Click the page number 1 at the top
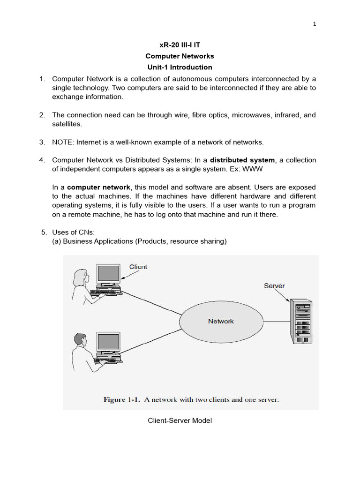315,25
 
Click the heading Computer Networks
180,56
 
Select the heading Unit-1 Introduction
180,67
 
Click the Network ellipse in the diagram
220,322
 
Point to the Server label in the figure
274,285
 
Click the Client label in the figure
138,267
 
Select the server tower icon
300,321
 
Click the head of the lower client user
80,339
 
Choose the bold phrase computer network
99,187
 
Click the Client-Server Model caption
180,420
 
